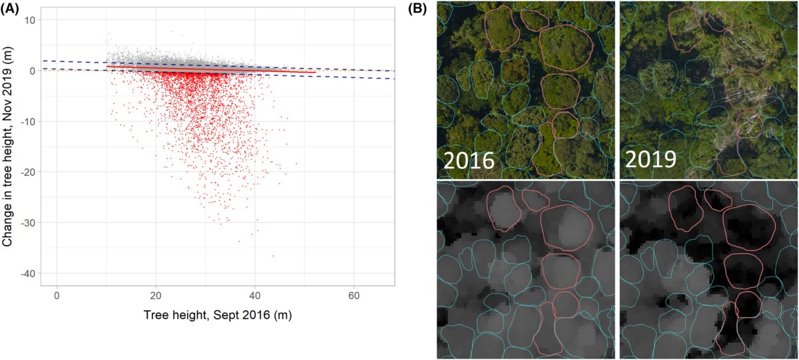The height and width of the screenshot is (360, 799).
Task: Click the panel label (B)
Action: pyautogui.click(x=417, y=9)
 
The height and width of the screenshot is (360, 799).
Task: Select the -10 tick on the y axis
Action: pyautogui.click(x=30, y=121)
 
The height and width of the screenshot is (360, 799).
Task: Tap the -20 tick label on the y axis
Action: pyautogui.click(x=30, y=172)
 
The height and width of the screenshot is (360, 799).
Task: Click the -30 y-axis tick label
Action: pyautogui.click(x=30, y=223)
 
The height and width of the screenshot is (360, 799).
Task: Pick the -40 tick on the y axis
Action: pyautogui.click(x=30, y=273)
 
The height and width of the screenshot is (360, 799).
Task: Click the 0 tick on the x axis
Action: pyautogui.click(x=57, y=294)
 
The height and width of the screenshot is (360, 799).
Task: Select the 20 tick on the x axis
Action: pyautogui.click(x=156, y=294)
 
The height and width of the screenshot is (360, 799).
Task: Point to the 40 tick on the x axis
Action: pyautogui.click(x=254, y=294)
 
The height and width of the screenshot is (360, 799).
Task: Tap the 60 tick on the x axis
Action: pyautogui.click(x=354, y=294)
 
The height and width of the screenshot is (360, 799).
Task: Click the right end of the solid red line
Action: pyautogui.click(x=315, y=73)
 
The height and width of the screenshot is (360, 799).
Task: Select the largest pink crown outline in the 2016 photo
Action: pyautogui.click(x=565, y=49)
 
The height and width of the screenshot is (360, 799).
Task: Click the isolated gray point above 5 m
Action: pyautogui.click(x=172, y=31)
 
